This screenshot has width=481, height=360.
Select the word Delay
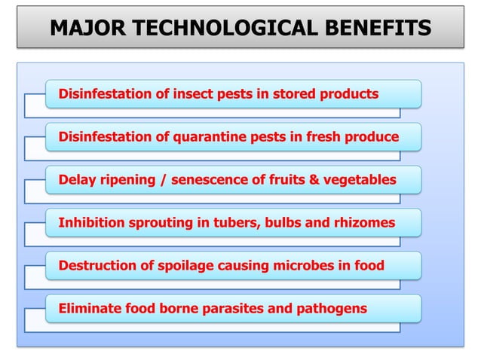(x=75, y=180)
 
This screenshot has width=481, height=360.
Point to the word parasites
(x=239, y=309)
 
